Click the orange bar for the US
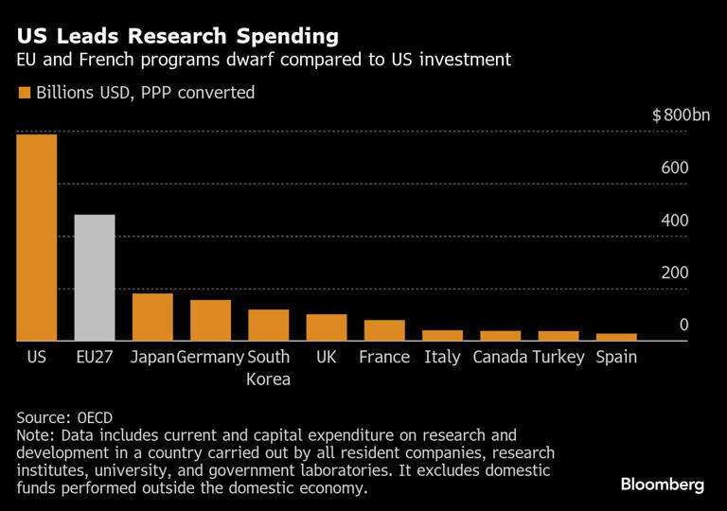[x=37, y=237]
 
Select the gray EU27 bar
[x=95, y=277]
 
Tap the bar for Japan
[x=152, y=317]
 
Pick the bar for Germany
[x=210, y=320]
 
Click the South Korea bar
[x=269, y=325]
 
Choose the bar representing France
[x=384, y=330]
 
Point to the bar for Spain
[x=616, y=337]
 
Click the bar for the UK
[x=327, y=327]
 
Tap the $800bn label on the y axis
[x=680, y=115]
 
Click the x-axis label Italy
[x=442, y=358]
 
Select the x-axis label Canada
[x=500, y=358]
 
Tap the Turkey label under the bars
[x=559, y=358]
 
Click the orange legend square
[x=24, y=93]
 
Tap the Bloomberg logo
[x=663, y=485]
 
